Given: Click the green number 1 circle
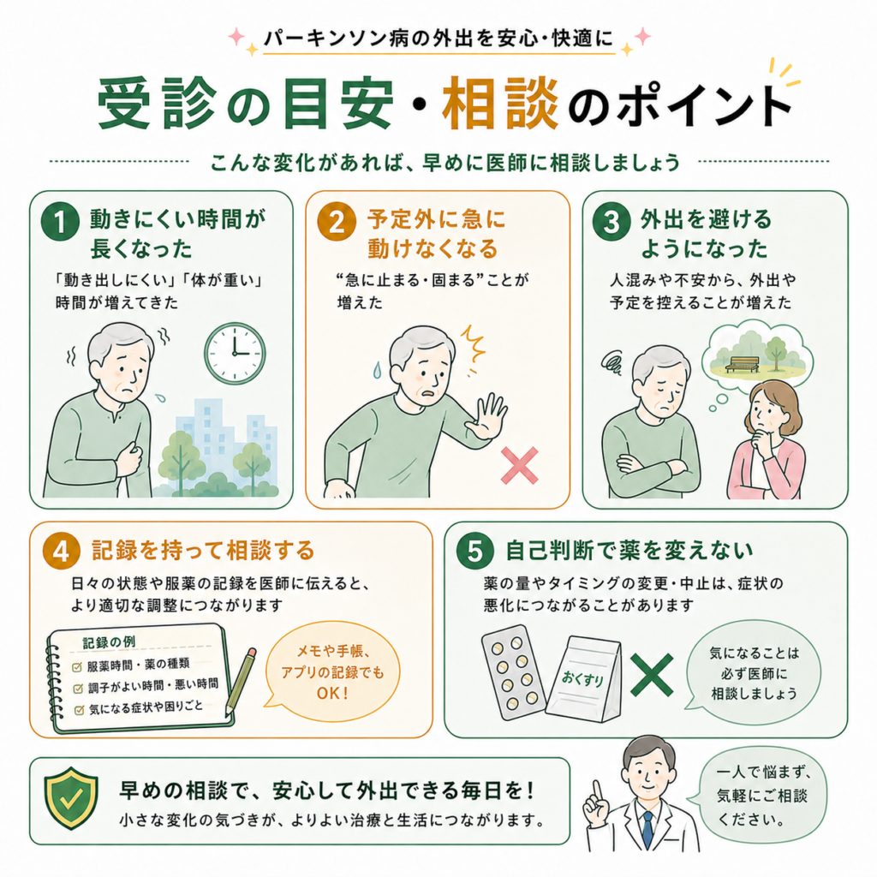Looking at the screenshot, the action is tap(60, 222).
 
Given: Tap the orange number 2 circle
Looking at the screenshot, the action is tap(336, 222).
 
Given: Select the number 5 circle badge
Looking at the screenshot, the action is tap(474, 551).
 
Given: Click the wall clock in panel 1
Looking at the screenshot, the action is tap(235, 354).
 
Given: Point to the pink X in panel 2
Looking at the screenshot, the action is tap(519, 465).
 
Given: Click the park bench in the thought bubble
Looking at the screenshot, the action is tap(742, 364).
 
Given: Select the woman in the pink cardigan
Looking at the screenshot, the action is tap(767, 439).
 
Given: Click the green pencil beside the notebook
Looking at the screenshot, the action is tap(241, 683).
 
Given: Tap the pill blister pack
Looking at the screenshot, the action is tap(512, 671).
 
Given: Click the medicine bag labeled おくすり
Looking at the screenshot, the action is tap(583, 678).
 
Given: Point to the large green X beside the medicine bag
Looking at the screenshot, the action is tap(652, 676).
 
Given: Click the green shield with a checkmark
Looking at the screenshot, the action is tap(71, 798).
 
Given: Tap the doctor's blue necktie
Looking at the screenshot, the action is tap(647, 829).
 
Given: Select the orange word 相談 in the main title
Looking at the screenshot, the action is tap(500, 104).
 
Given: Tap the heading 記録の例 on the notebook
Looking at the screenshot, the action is tap(109, 642).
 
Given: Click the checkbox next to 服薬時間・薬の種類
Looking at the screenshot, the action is tap(77, 666).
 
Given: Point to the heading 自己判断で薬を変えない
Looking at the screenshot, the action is tap(629, 551).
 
